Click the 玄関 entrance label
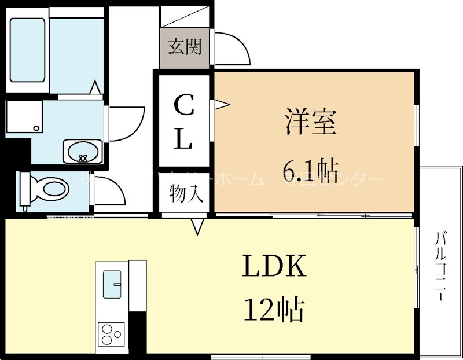pyautogui.click(x=185, y=47)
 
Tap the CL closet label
pyautogui.click(x=183, y=122)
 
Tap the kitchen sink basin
pyautogui.click(x=112, y=284)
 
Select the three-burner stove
pyautogui.click(x=112, y=333)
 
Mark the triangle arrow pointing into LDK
pyautogui.click(x=198, y=226)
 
